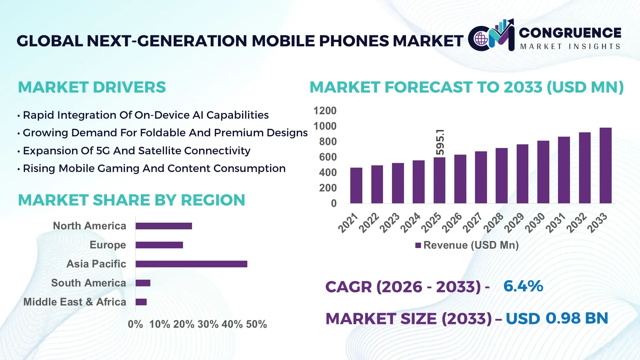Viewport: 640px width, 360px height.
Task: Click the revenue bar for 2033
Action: [x=605, y=166]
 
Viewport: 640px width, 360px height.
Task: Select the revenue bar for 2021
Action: [x=356, y=186]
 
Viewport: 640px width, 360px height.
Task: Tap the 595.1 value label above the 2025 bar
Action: [x=440, y=142]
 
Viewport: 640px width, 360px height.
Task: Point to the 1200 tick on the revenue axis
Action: [x=325, y=111]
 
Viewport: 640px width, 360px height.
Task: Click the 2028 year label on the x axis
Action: [x=493, y=223]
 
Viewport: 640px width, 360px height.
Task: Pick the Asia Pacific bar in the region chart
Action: [x=191, y=264]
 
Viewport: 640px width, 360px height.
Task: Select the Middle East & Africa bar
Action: [x=141, y=302]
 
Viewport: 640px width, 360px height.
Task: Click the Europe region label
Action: [x=108, y=245]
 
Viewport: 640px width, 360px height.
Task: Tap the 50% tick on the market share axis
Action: [x=256, y=324]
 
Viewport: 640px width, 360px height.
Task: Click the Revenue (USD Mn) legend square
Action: [x=418, y=246]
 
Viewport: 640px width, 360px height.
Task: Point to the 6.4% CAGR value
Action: [x=523, y=286]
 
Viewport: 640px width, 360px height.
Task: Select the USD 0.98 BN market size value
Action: [x=557, y=318]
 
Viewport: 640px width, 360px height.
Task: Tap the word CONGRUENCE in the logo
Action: [x=570, y=33]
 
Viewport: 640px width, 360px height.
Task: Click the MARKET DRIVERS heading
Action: [x=92, y=87]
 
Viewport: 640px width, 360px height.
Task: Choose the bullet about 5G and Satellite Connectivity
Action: [x=137, y=151]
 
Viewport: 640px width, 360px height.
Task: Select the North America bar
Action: [x=164, y=226]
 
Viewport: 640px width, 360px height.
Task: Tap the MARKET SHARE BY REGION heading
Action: [x=131, y=200]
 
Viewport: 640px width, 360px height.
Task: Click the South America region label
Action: [x=88, y=283]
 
